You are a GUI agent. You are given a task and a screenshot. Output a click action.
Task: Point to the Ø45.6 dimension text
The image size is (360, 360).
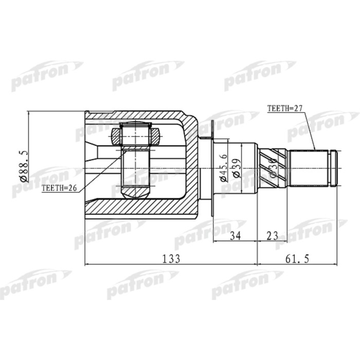(x=223, y=167)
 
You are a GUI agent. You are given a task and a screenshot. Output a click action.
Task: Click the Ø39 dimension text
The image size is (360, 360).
(x=237, y=167)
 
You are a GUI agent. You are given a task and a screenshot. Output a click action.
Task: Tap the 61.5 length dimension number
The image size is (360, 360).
(x=297, y=259)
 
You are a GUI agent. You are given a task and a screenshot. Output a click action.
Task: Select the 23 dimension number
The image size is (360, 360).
(x=272, y=236)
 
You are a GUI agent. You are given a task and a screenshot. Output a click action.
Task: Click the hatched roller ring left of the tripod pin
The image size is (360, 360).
(x=115, y=137)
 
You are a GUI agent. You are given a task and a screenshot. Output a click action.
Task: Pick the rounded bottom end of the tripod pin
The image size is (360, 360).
(x=135, y=192)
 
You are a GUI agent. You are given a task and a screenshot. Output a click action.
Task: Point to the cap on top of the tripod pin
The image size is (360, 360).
(x=135, y=125)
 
